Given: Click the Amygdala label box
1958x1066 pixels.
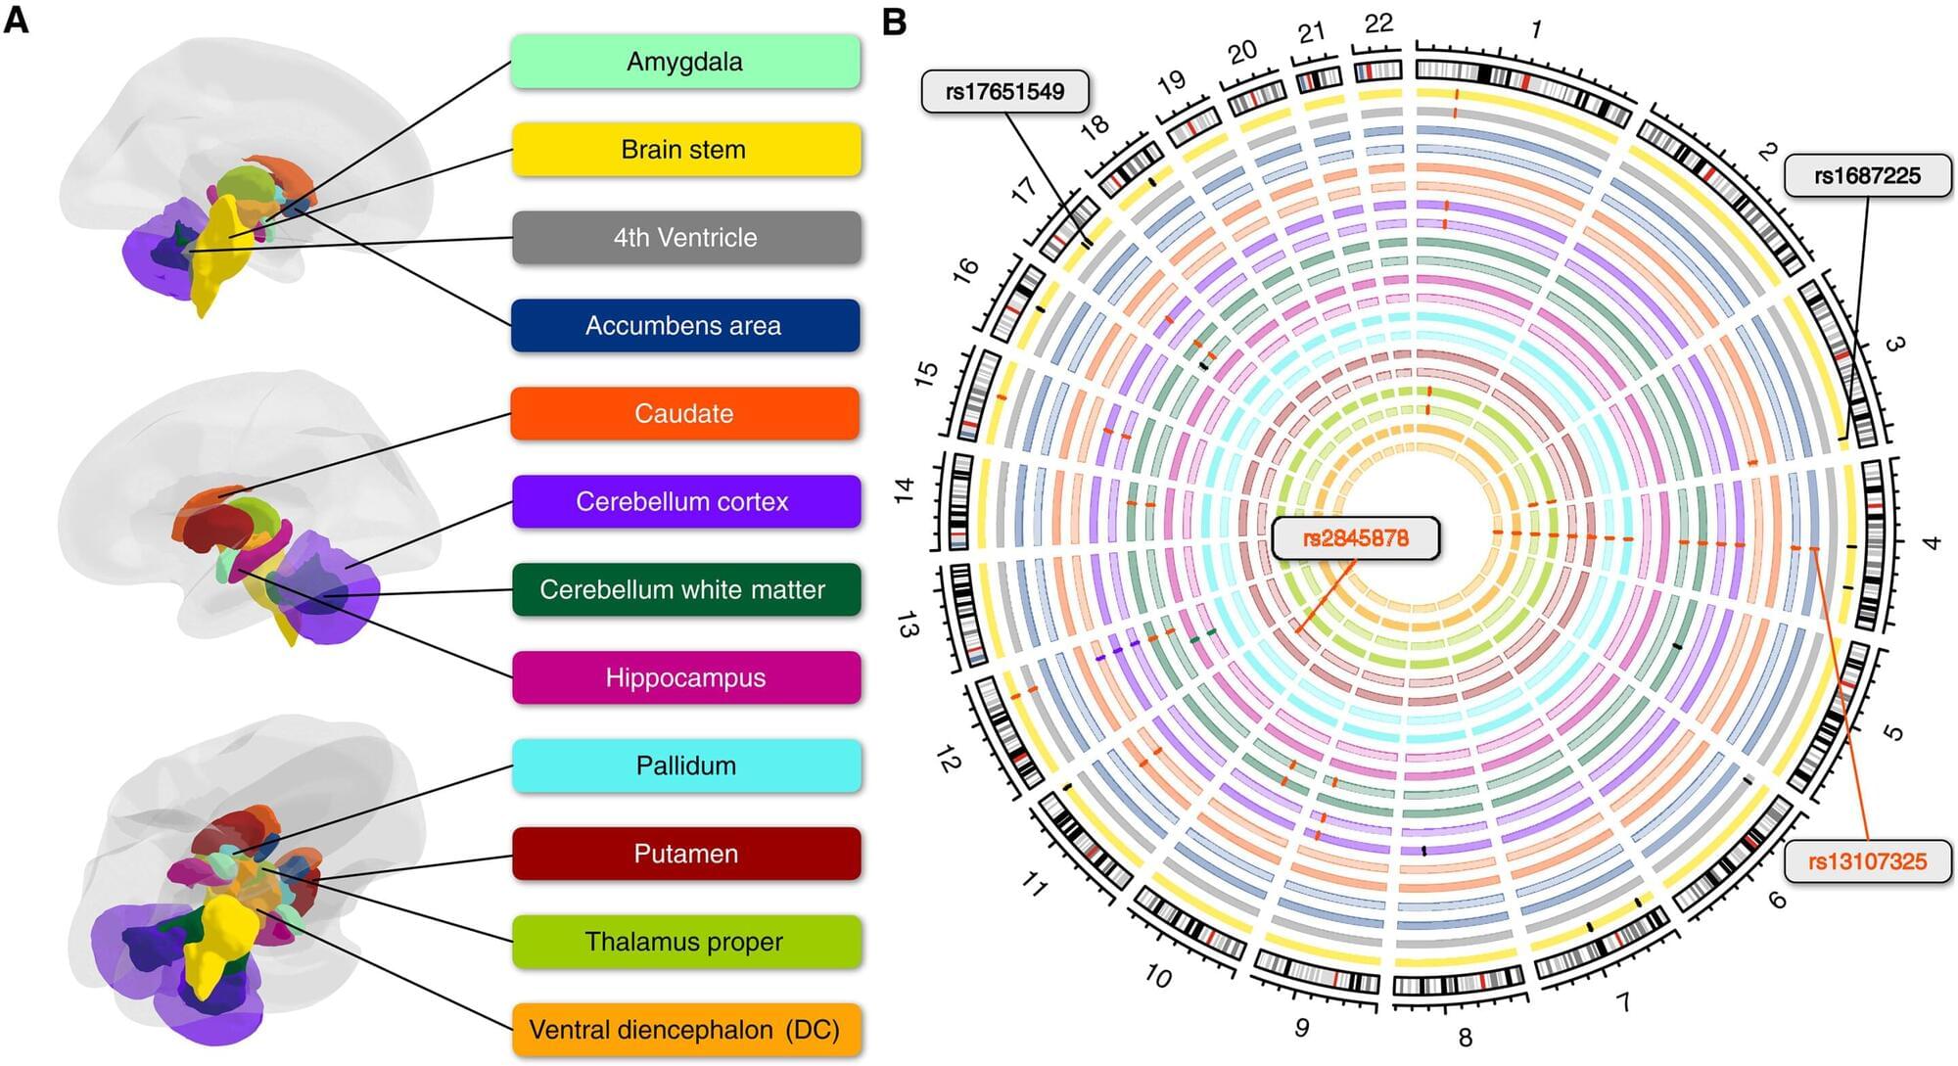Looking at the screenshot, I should coord(685,62).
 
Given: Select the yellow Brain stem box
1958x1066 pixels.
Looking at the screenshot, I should coord(685,150).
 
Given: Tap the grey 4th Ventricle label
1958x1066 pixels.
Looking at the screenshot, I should coord(685,238).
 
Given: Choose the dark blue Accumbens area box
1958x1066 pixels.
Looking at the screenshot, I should coord(685,326).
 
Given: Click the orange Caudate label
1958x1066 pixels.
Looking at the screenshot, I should coord(685,414).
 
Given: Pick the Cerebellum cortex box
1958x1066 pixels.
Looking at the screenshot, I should coord(685,502).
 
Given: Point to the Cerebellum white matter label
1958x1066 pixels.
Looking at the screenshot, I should coord(685,590).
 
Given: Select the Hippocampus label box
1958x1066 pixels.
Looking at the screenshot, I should coord(685,678).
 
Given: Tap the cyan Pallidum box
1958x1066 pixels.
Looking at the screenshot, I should coord(685,766).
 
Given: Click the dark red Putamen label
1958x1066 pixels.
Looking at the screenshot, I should coord(685,855).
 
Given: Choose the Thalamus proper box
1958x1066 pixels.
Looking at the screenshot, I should coord(685,943).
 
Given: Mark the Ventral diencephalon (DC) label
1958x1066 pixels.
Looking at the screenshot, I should coord(685,1030).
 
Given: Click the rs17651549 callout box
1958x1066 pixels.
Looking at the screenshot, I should coord(1004,92).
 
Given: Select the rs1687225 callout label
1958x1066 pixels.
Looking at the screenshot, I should coord(1867,176).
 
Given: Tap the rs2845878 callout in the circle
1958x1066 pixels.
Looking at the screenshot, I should coord(1355,538).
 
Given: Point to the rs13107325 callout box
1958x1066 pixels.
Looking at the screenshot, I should coord(1866,861).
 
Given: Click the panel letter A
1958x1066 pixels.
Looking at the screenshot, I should coord(17,20).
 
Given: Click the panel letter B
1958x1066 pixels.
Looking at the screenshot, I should coord(894,22).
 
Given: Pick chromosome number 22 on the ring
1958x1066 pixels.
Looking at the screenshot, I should coord(1378,23).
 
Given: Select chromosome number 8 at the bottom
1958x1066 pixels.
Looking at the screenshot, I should coord(1465,1037).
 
